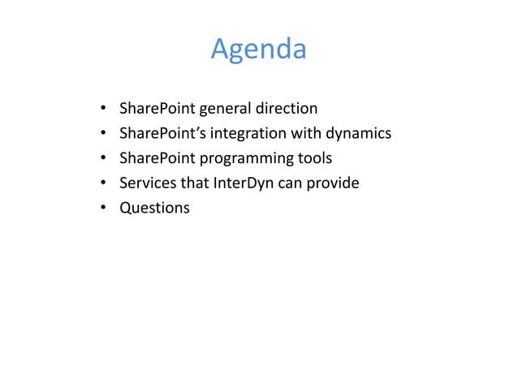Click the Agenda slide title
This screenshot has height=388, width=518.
258,50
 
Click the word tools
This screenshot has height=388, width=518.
316,157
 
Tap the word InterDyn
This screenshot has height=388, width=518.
243,183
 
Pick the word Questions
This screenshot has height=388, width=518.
154,208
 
